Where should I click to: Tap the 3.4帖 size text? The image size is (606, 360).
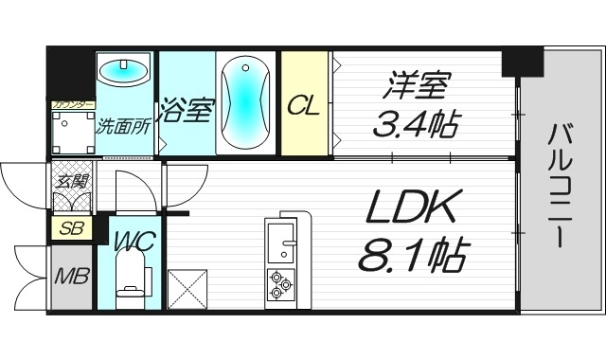(418, 120)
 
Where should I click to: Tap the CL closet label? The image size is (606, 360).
(305, 104)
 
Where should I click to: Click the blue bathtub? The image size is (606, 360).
(245, 102)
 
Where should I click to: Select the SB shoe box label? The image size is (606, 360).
(68, 228)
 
